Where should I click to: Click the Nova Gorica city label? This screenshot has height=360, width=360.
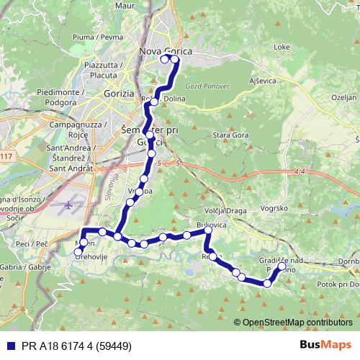(158, 50)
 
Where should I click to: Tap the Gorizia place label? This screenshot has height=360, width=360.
(120, 94)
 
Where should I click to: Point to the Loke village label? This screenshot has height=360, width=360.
(282, 47)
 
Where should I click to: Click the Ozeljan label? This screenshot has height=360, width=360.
(343, 96)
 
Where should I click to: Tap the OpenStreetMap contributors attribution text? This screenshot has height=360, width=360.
(297, 323)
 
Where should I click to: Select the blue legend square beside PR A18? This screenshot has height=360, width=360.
(10, 345)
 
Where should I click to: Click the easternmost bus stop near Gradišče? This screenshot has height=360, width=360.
(282, 266)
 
